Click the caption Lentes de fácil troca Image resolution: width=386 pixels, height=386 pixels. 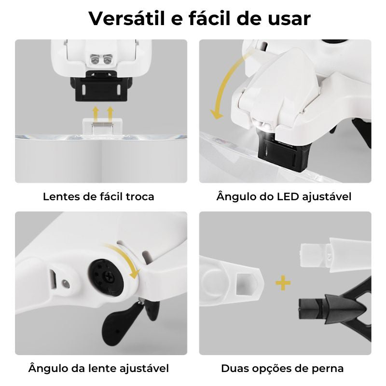(98, 196)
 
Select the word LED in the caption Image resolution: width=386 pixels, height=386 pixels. (288, 196)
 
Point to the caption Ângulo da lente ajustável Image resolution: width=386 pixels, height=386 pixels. (98, 369)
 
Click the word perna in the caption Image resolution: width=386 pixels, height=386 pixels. (327, 369)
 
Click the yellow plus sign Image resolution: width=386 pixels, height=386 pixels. (283, 283)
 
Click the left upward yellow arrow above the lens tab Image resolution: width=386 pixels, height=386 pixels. (96, 114)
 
